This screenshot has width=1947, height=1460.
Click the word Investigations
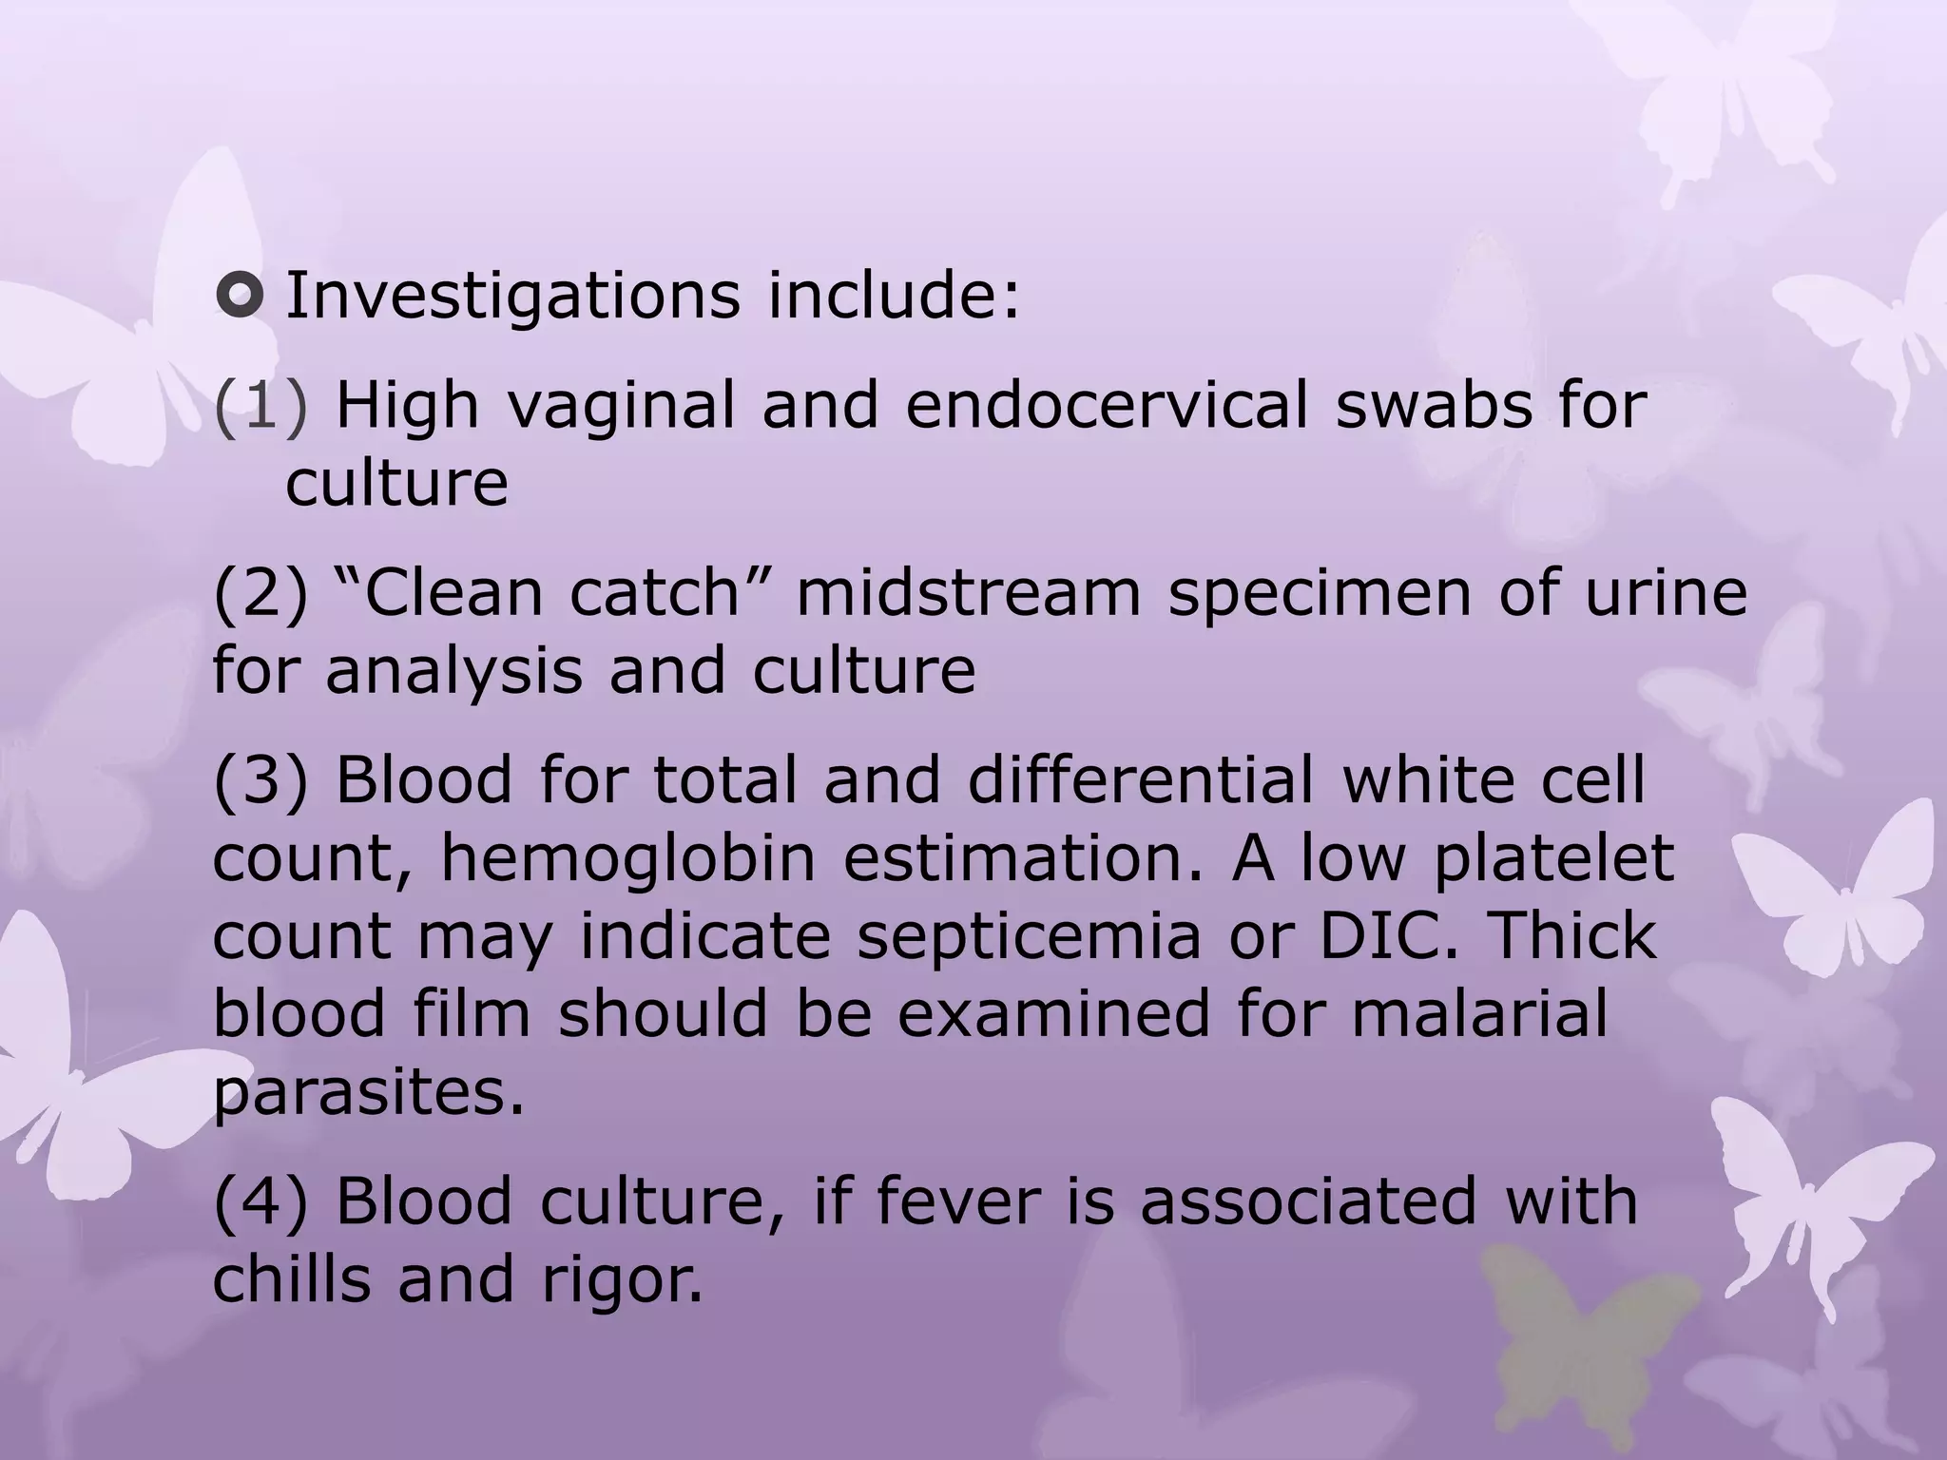(x=512, y=297)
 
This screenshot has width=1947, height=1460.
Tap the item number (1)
(x=260, y=407)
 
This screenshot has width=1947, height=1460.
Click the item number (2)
(x=260, y=593)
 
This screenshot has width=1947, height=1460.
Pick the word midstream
(x=968, y=593)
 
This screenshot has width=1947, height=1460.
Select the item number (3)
(x=260, y=780)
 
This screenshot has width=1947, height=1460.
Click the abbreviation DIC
(x=1391, y=935)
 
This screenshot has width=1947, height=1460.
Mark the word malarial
(x=1479, y=1013)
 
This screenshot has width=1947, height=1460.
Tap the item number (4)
(x=260, y=1201)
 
